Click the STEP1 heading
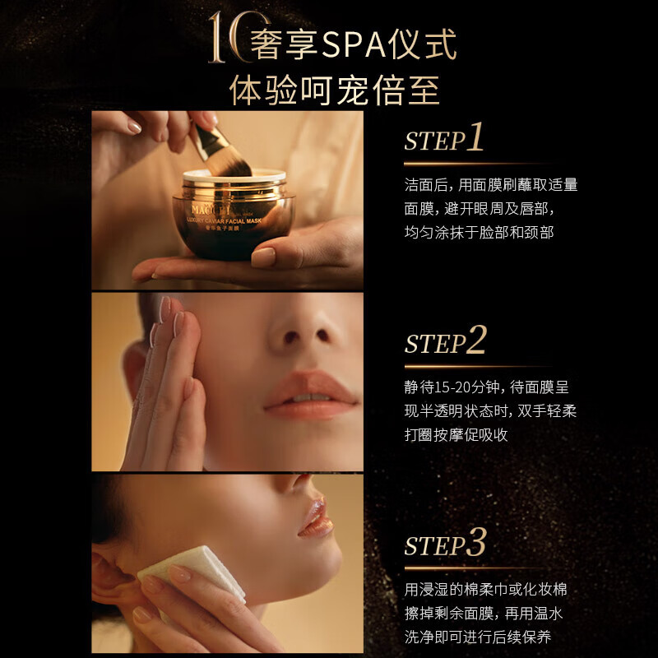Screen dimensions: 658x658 click(x=443, y=140)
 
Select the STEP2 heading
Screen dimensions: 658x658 click(x=445, y=342)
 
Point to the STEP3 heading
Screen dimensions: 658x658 click(x=445, y=544)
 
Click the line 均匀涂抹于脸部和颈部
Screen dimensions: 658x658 click(x=479, y=233)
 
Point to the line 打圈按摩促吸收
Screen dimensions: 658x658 click(x=456, y=435)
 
